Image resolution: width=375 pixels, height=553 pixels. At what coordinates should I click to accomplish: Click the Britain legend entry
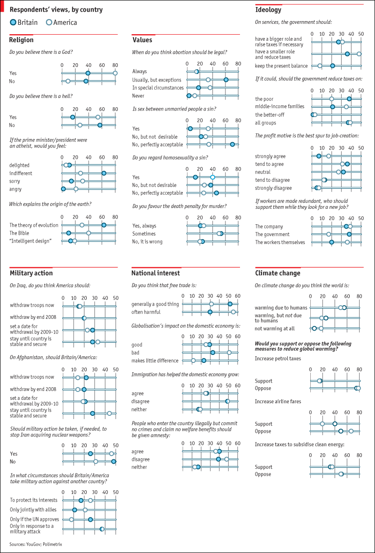24,22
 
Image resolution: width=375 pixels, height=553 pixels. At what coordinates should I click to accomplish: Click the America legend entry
61,22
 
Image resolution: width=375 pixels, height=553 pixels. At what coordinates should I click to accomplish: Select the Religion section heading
21,40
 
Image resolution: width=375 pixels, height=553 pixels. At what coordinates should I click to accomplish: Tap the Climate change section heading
277,273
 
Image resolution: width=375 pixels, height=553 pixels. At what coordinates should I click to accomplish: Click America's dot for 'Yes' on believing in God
115,73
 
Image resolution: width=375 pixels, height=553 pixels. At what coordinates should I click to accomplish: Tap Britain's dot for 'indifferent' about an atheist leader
104,173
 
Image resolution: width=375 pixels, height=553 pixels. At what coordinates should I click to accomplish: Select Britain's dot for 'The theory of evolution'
104,225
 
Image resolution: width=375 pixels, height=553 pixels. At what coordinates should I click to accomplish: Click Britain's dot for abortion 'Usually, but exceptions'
225,80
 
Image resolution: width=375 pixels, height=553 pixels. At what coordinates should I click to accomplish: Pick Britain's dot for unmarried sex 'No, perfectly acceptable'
232,144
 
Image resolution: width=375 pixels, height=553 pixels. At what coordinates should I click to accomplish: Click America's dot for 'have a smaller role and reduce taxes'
359,54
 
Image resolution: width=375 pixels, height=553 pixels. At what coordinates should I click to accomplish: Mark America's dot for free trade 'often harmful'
233,312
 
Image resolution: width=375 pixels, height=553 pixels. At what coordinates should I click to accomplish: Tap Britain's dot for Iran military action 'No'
113,461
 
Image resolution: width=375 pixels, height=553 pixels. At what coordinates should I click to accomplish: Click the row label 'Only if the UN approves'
34,519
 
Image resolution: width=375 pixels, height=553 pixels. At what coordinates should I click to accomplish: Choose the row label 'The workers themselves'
280,242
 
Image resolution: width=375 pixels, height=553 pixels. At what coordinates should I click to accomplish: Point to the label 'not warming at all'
275,328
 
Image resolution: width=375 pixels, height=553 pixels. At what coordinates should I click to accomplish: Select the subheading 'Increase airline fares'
278,401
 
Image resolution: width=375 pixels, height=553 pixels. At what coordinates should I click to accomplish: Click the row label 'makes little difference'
155,361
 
